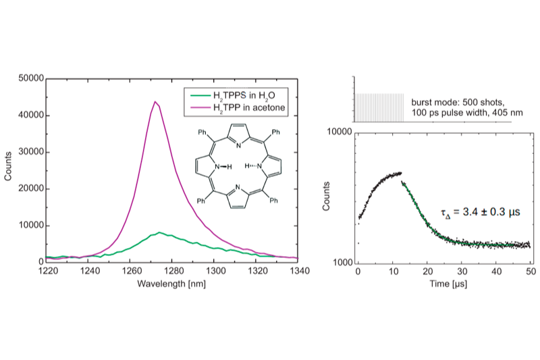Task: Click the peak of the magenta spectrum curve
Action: coord(155,102)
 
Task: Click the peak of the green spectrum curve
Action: coord(159,232)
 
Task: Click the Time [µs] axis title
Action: coord(443,285)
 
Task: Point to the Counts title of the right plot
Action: coord(327,197)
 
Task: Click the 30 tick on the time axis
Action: coord(462,272)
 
